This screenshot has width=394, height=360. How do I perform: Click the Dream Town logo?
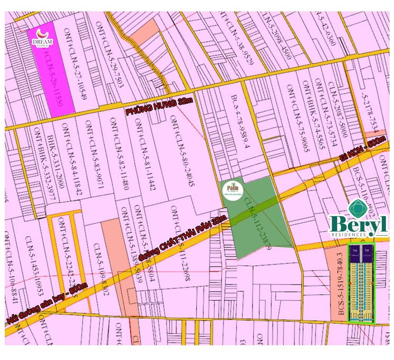click(42, 39)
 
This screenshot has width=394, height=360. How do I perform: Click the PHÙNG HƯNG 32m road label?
click(160, 107)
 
